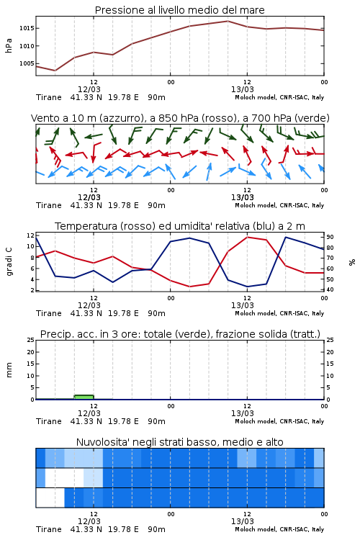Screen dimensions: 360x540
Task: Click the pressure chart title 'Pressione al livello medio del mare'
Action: coord(179,10)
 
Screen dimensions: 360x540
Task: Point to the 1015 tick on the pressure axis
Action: coord(27,28)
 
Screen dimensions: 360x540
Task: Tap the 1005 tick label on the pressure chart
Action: coord(27,63)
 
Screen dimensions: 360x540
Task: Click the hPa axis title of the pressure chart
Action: coord(9,45)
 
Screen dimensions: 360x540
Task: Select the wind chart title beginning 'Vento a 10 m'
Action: coord(180,118)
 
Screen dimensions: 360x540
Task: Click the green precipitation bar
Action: coord(84,397)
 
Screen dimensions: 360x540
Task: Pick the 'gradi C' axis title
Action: coord(9,262)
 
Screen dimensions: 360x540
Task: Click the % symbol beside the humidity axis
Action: coord(352,262)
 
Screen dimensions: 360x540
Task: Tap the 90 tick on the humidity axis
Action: coord(330,237)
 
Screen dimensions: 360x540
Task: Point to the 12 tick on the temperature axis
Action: coord(30,235)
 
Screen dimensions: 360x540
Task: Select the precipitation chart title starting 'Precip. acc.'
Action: coord(180,334)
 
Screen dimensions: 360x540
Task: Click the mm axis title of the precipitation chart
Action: coord(9,369)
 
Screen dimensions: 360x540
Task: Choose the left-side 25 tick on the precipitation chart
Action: coord(30,340)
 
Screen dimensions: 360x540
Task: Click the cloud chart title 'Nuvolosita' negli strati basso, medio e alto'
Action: coord(179,442)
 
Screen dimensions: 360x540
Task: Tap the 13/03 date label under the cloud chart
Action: coord(243,521)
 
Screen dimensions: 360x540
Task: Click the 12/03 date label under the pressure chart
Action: coord(89,89)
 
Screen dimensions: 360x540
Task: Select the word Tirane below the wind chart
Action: coord(48,205)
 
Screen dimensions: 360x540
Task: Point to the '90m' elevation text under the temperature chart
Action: coord(156,313)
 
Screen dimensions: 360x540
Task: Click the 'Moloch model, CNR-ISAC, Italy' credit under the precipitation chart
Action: coord(279,421)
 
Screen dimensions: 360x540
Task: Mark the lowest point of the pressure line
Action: coord(55,71)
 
